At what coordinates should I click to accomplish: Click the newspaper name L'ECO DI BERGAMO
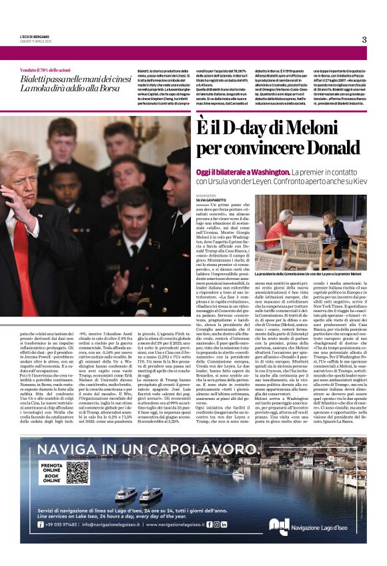[35, 36]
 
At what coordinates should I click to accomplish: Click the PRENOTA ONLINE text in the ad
[51, 469]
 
